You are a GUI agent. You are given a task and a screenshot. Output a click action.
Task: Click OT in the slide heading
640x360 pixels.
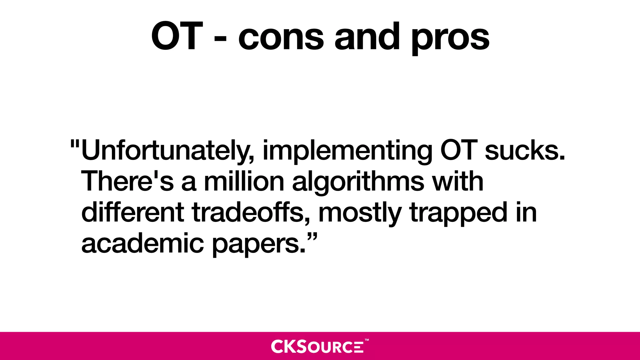[x=177, y=36]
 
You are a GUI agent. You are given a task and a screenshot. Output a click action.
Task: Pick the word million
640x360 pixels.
[x=244, y=182]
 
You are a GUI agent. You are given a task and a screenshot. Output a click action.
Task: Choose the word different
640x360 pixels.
[x=132, y=212]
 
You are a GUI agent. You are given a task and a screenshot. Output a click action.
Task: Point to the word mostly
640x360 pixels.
[x=359, y=213]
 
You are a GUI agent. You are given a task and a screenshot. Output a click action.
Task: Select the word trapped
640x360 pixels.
[x=458, y=213]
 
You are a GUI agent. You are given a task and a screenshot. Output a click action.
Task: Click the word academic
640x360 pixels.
[x=142, y=243]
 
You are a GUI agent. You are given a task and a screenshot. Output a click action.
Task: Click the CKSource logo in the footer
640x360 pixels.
[x=317, y=346]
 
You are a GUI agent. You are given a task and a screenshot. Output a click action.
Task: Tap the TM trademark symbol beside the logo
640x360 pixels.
[x=367, y=340]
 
